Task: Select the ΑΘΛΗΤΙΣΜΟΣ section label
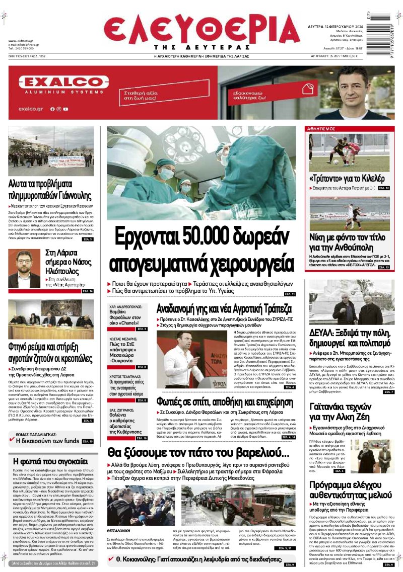tap(322, 129)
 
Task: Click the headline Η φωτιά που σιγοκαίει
tap(50, 461)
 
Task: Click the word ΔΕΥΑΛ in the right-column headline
tap(323, 332)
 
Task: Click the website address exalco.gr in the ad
tap(30, 109)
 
